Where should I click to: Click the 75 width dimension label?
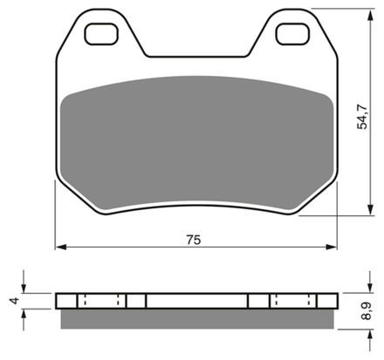[194, 240]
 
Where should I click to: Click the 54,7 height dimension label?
[362, 117]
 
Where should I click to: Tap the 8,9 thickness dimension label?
[367, 311]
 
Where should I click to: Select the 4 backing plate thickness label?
[14, 301]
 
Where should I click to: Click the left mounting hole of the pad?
[101, 34]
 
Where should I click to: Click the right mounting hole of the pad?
[292, 34]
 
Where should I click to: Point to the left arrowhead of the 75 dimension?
[61, 247]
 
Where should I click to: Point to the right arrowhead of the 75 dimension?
[332, 247]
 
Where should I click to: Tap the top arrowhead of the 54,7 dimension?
[370, 15]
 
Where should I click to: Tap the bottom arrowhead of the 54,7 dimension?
[370, 209]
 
